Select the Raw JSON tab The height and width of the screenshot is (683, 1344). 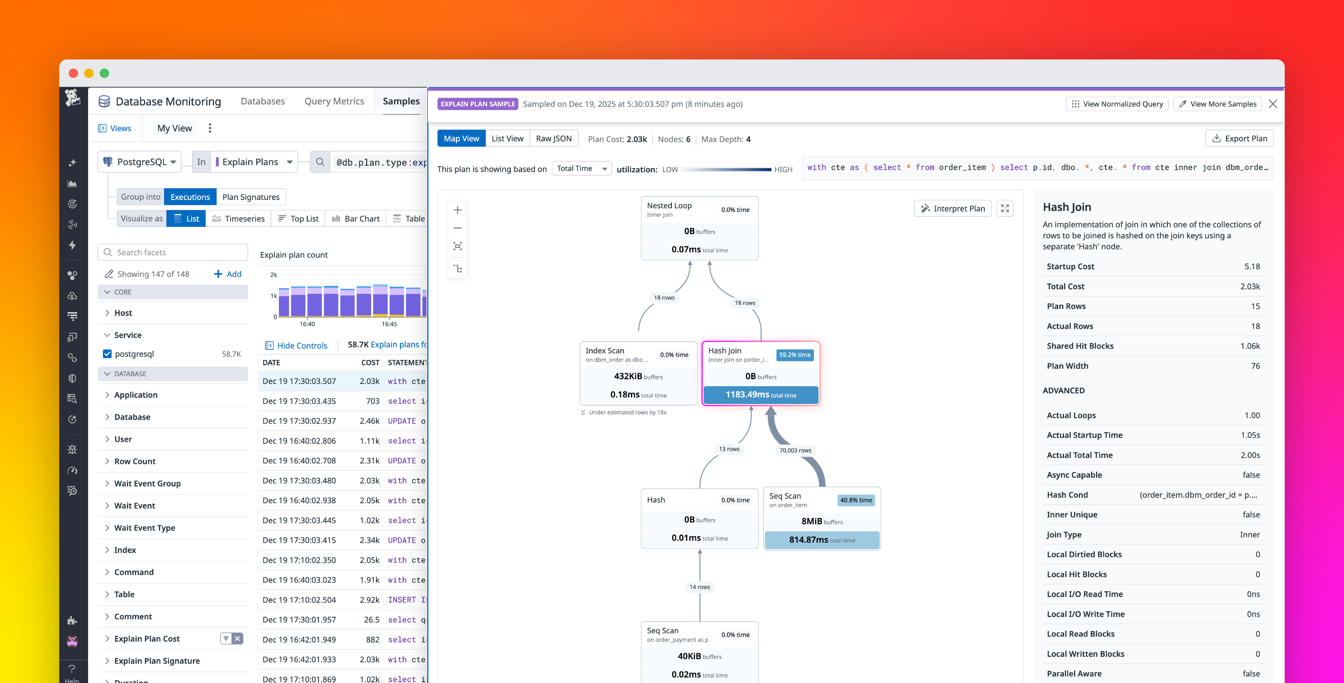(554, 138)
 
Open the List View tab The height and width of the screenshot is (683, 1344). (507, 138)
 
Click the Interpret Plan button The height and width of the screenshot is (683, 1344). (953, 208)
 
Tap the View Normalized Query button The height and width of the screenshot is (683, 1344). (1117, 104)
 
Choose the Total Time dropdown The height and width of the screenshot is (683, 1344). (581, 168)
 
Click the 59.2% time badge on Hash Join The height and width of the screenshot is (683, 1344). (795, 355)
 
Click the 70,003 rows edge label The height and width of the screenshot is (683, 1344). (795, 450)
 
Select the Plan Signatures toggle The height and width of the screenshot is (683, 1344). (251, 197)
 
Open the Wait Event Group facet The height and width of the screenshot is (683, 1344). (147, 483)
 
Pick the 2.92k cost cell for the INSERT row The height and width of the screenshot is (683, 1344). (369, 599)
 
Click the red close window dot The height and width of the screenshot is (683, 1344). (74, 73)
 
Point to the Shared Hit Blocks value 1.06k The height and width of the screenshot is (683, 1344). (1250, 346)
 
